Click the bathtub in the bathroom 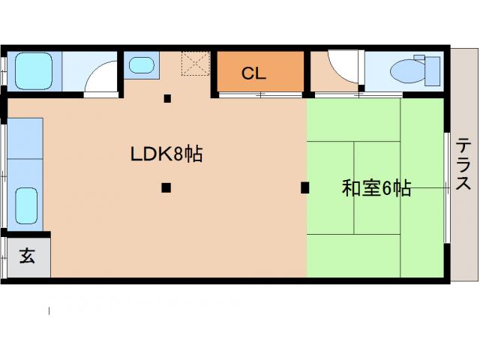tap(31, 71)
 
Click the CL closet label tap(253, 74)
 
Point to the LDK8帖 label tap(166, 154)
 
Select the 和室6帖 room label tap(376, 188)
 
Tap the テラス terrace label tap(464, 164)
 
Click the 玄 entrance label tap(26, 256)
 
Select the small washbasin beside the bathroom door tap(140, 65)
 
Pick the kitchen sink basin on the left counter tap(26, 203)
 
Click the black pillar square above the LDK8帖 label tap(168, 98)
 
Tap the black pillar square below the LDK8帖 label tap(166, 187)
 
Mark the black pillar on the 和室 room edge tap(304, 187)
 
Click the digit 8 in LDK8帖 tap(178, 154)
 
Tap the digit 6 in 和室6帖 tap(388, 188)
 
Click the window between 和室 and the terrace tap(448, 187)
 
